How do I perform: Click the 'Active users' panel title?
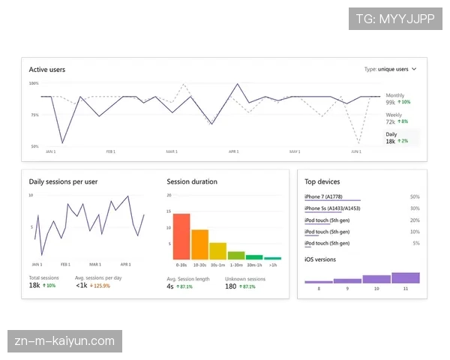(47, 70)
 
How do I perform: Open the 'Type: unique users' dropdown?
(391, 69)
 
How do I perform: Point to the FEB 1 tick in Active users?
(111, 151)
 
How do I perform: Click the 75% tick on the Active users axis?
(34, 115)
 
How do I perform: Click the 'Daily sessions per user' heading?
(63, 181)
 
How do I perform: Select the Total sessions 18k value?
(34, 286)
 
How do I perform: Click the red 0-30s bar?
(181, 236)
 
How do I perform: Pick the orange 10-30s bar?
(199, 244)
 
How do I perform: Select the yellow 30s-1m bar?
(217, 250)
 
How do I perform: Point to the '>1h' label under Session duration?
(272, 265)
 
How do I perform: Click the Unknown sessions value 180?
(231, 286)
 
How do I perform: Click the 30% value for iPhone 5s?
(415, 208)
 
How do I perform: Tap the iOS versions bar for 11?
(405, 277)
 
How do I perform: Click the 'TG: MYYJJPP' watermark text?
(395, 18)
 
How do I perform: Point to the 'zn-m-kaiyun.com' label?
(64, 342)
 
